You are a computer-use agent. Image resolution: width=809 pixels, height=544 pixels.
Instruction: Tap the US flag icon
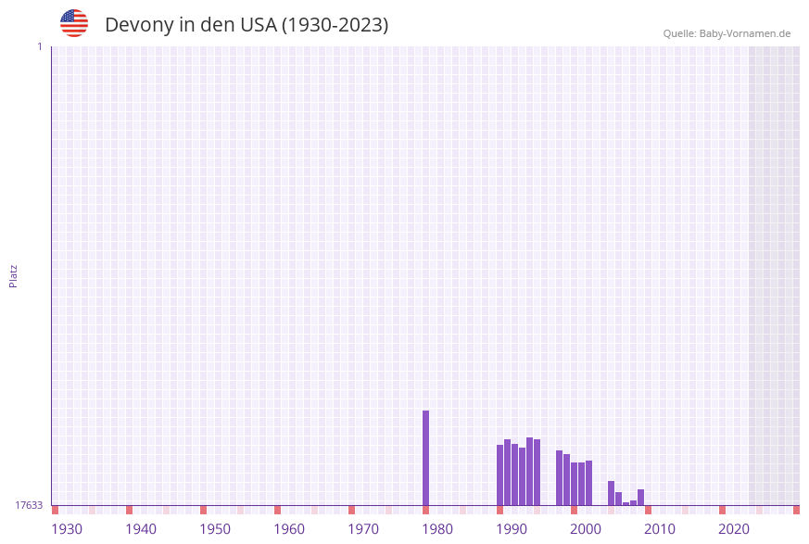click(74, 23)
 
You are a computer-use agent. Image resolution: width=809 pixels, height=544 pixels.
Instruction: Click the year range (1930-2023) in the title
click(335, 25)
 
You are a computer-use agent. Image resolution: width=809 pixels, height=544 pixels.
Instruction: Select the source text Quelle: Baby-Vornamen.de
click(727, 33)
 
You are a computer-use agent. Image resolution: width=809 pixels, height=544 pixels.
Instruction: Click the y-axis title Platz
click(14, 275)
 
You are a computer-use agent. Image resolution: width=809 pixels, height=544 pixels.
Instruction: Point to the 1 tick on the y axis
click(39, 46)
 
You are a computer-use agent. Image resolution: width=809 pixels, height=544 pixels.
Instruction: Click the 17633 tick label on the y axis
click(29, 505)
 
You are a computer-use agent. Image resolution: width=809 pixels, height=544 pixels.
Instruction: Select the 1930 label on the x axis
click(67, 529)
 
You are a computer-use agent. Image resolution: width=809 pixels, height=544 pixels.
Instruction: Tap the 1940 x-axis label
click(141, 529)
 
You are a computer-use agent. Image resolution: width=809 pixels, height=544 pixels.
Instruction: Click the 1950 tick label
click(215, 529)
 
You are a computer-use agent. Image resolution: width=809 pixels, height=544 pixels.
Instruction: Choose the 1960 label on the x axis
click(289, 529)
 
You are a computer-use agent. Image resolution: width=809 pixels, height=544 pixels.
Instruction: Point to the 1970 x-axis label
click(363, 529)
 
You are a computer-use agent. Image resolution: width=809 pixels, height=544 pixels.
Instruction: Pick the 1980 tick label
click(437, 529)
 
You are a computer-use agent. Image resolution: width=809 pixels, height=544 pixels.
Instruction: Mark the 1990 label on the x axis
click(512, 529)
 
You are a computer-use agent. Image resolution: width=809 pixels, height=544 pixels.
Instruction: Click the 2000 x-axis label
click(586, 529)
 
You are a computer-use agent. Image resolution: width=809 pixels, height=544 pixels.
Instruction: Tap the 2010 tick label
click(660, 529)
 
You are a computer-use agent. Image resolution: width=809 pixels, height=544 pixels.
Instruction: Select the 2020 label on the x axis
click(734, 529)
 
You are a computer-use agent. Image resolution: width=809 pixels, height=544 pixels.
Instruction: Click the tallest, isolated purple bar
click(425, 458)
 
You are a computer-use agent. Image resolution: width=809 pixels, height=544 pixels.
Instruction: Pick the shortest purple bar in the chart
click(626, 503)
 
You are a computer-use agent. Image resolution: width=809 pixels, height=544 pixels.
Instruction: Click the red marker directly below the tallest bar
click(425, 510)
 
